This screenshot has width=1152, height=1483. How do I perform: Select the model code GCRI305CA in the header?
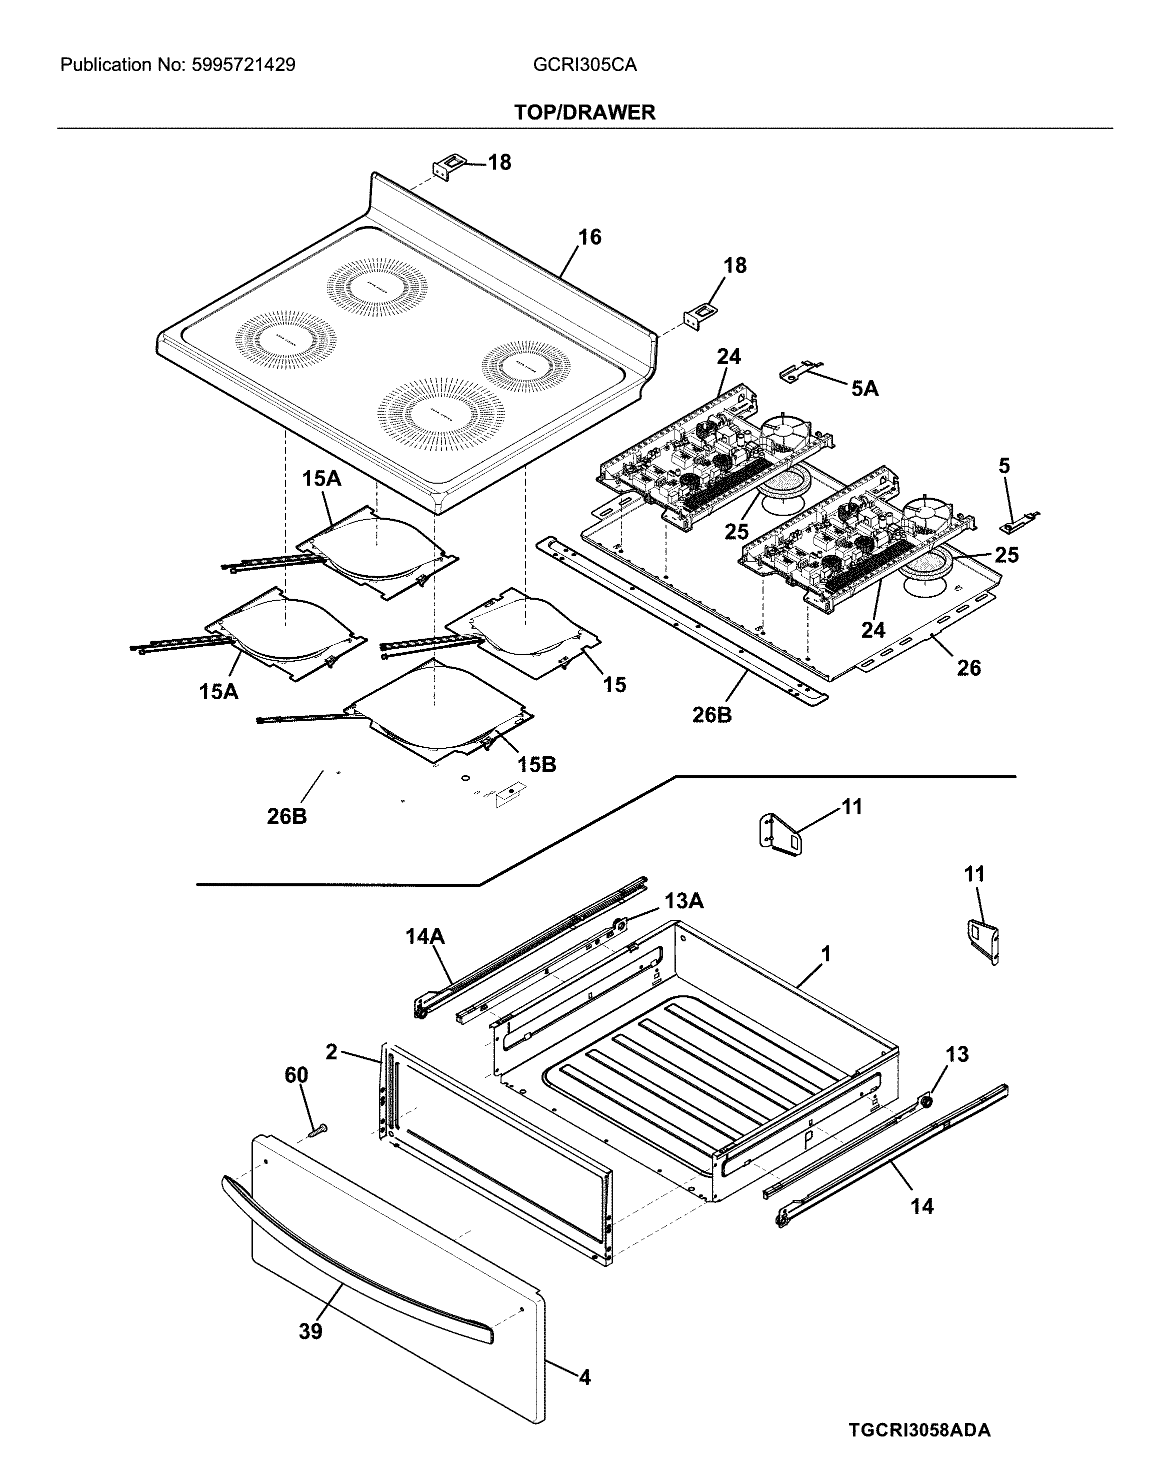pyautogui.click(x=584, y=65)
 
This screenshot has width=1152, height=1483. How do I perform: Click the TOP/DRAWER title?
pyautogui.click(x=584, y=112)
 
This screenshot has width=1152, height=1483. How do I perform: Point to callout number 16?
pyautogui.click(x=589, y=237)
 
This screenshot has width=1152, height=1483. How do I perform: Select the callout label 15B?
pyautogui.click(x=536, y=765)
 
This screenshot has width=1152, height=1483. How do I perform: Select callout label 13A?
pyautogui.click(x=683, y=901)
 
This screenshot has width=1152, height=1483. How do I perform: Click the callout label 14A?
pyautogui.click(x=425, y=937)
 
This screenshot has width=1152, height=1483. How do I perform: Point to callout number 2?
pyautogui.click(x=331, y=1052)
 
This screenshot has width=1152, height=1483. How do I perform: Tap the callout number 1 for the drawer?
pyautogui.click(x=825, y=955)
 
